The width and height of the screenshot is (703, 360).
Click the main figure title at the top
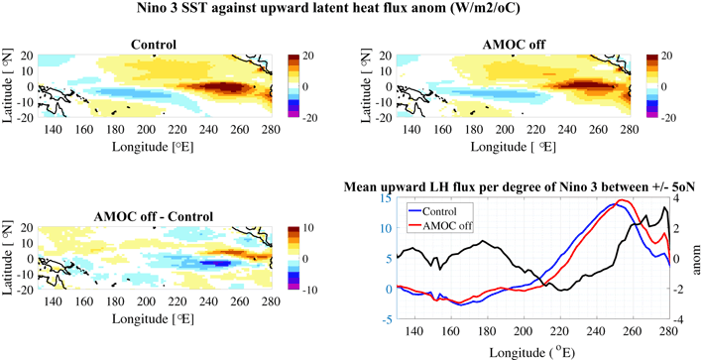point(351,10)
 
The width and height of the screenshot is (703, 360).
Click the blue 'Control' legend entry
point(437,210)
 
